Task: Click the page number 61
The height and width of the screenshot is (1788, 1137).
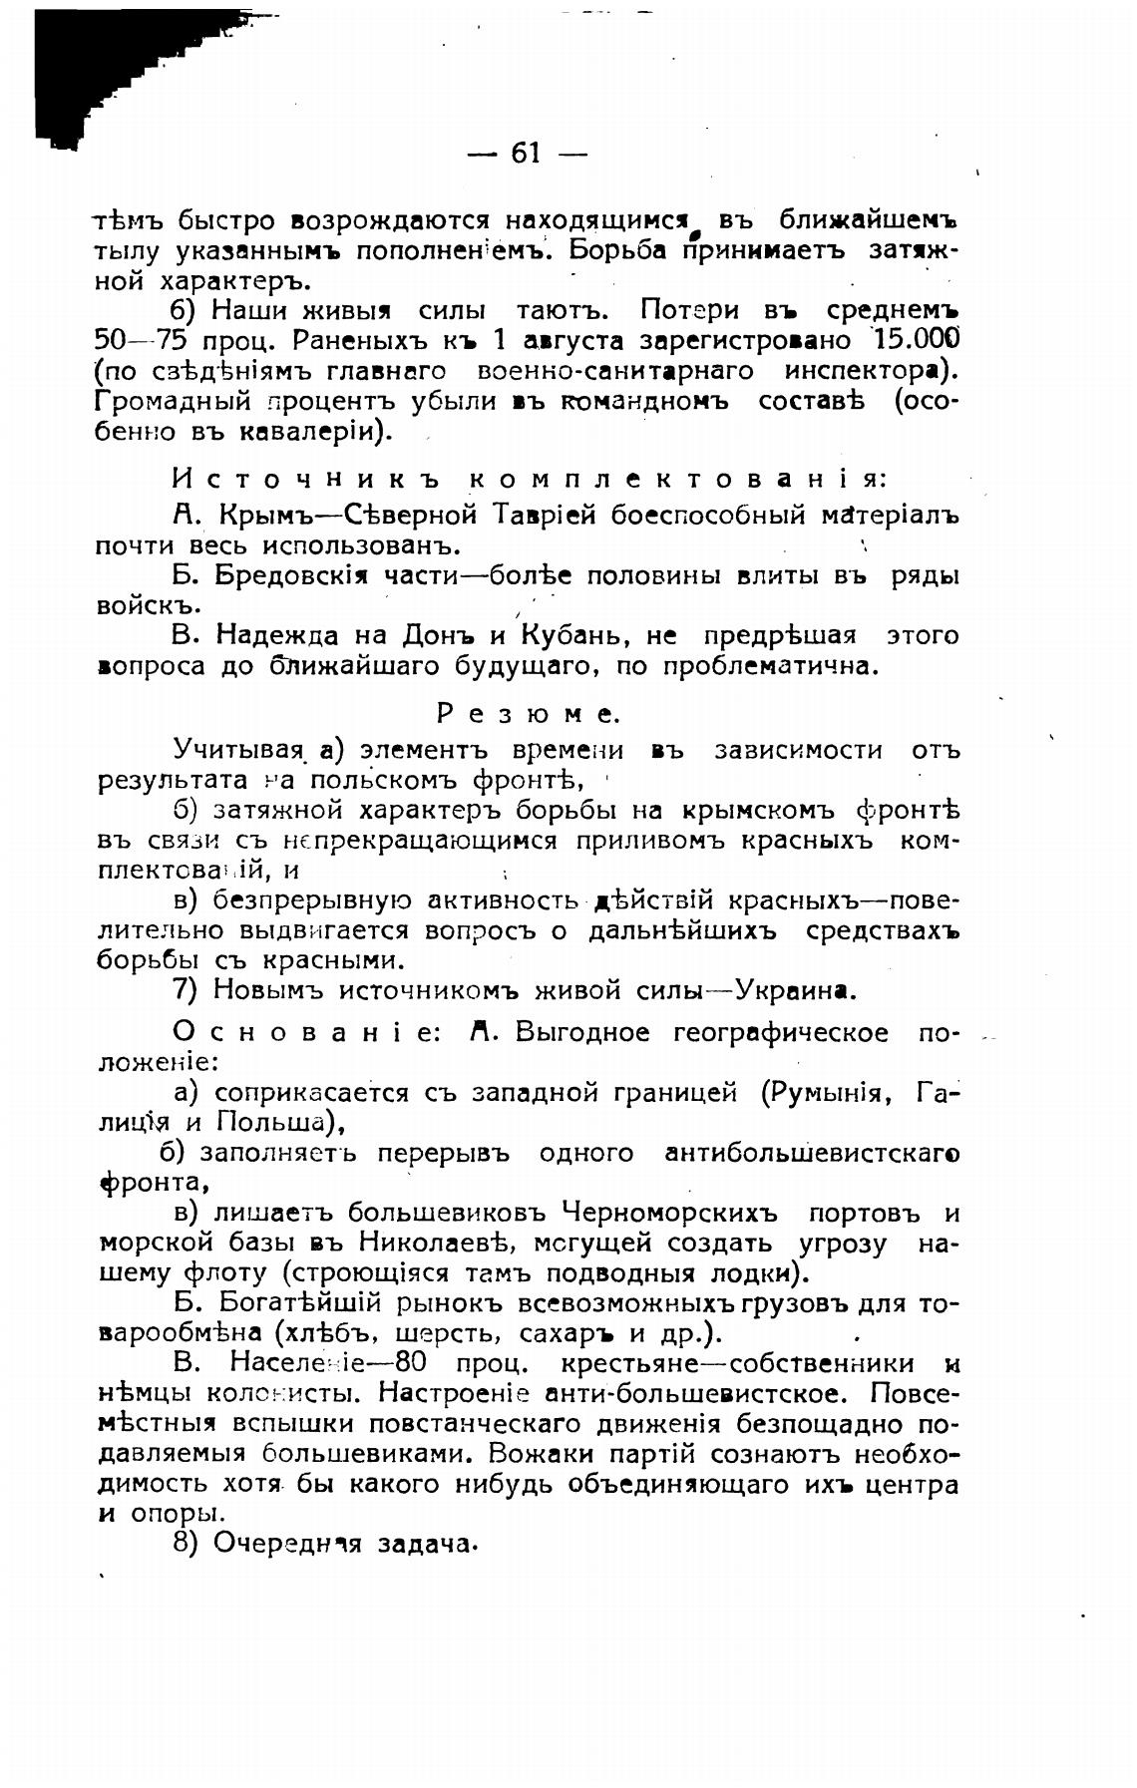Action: click(x=526, y=153)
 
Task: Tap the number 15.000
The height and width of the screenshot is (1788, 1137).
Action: click(x=910, y=340)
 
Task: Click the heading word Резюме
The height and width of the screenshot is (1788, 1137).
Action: click(x=529, y=714)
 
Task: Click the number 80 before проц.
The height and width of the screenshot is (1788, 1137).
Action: click(x=411, y=1363)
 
